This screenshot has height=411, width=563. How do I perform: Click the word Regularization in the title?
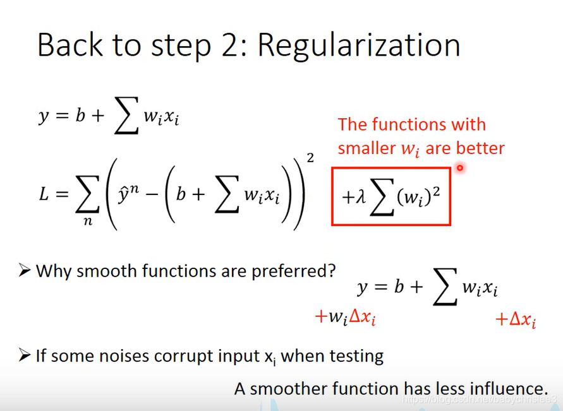(x=358, y=45)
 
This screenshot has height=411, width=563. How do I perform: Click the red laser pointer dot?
(x=460, y=168)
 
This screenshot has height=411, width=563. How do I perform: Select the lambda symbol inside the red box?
(x=361, y=197)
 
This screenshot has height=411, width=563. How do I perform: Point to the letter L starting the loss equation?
(x=44, y=195)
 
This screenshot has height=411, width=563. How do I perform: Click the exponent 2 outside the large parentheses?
(x=310, y=158)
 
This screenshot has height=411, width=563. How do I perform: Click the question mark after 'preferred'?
(x=331, y=271)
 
